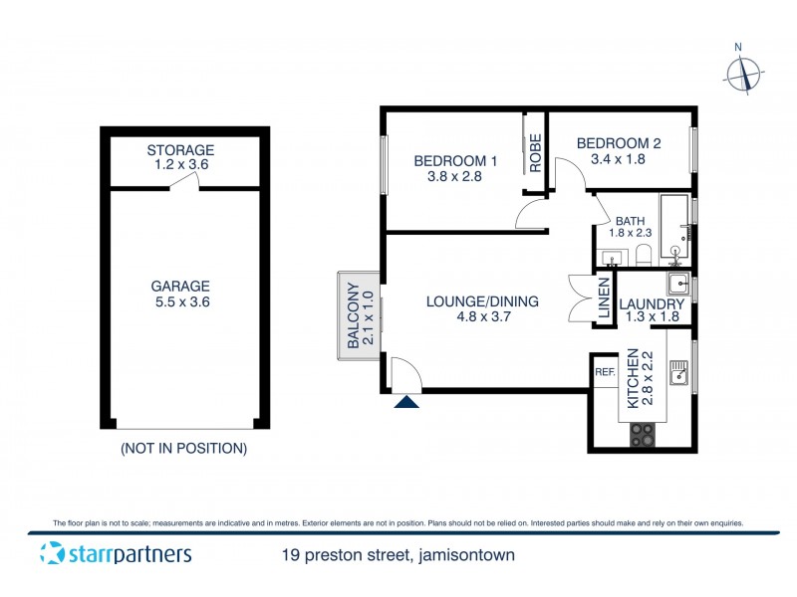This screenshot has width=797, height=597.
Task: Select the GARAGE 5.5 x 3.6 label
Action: pos(181,294)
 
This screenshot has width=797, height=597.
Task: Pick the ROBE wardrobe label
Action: pos(535,153)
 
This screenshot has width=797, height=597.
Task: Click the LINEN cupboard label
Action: pos(604,298)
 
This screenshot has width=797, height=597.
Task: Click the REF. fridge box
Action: pos(605,373)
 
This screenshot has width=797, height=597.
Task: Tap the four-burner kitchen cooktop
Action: pos(644,435)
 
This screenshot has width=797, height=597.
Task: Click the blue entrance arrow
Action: pos(405,402)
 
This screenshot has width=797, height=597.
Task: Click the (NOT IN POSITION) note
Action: pos(183,449)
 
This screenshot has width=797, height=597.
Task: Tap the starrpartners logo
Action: pos(116,554)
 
